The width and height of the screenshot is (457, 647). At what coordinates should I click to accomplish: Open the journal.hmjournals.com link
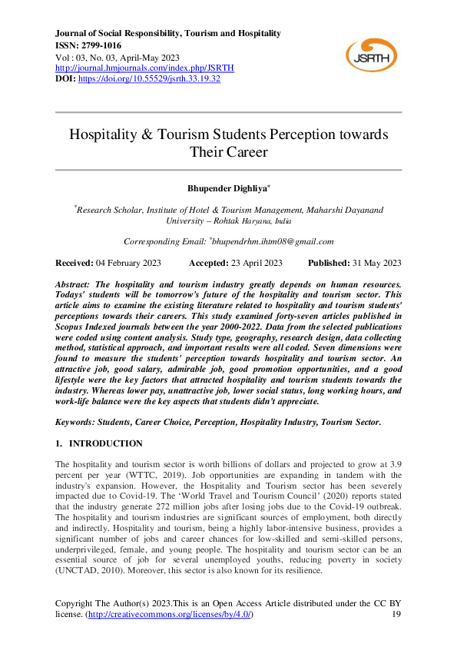(145, 68)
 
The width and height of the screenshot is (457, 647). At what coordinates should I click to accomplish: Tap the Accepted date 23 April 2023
(255, 263)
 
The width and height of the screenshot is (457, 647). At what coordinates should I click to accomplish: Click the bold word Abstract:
(75, 284)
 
